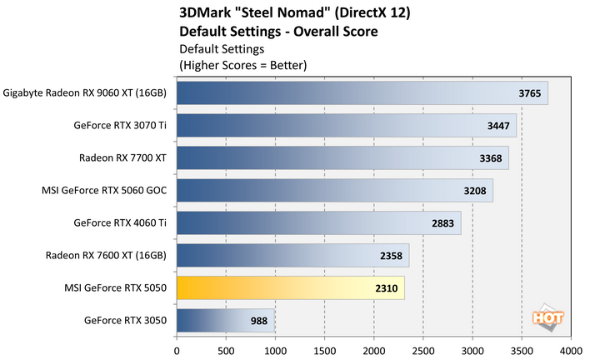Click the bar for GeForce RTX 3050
[225, 320]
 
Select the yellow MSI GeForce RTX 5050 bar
[291, 288]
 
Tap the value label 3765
[531, 93]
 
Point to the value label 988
[259, 320]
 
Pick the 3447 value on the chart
[500, 126]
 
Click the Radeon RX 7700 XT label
[123, 158]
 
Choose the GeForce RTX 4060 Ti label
[120, 222]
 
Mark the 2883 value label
[444, 223]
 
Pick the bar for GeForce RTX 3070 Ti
[347, 126]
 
